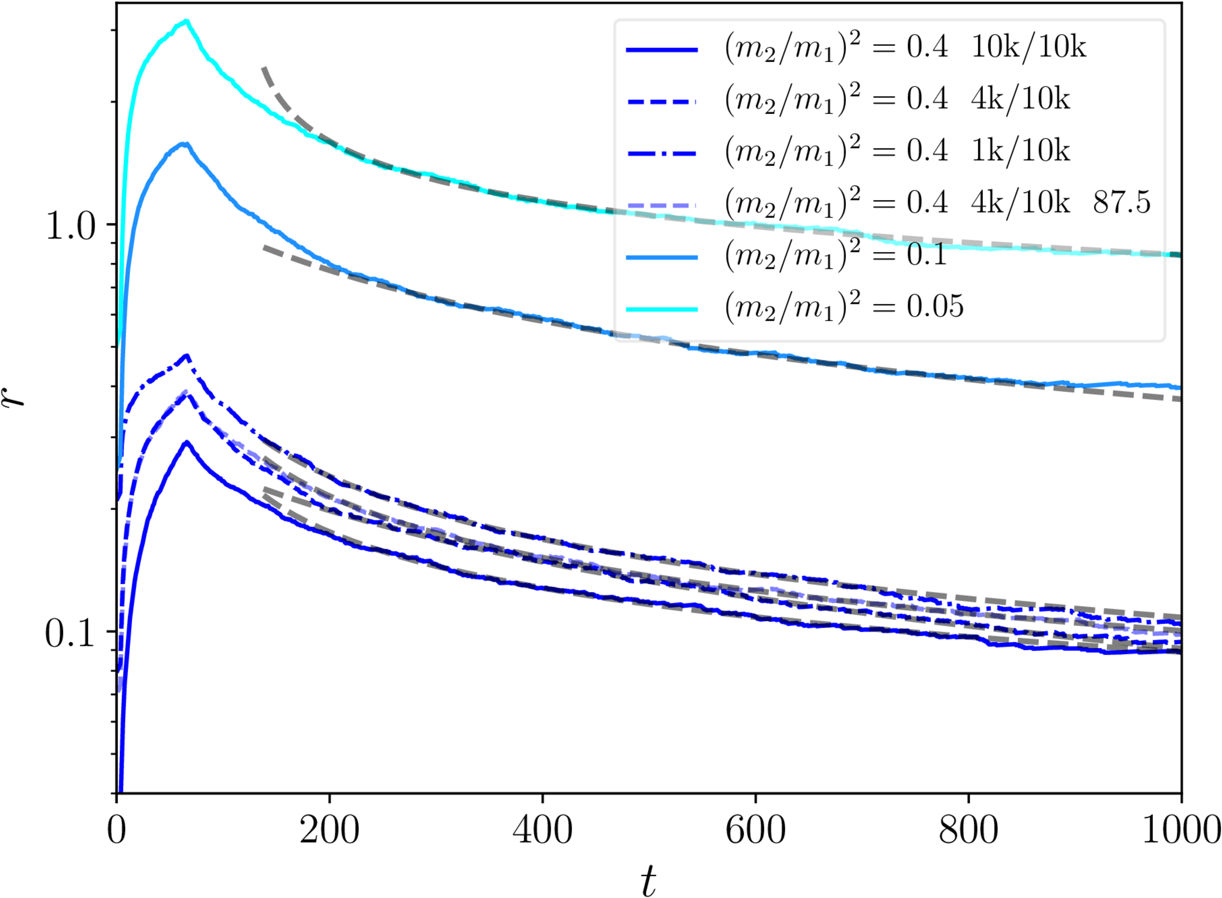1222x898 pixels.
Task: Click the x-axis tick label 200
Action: [x=329, y=831]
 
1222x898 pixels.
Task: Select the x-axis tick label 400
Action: [x=542, y=831]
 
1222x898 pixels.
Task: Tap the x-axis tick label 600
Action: [x=756, y=831]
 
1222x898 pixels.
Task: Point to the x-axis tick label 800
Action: [x=969, y=831]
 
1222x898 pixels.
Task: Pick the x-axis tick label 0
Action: [x=117, y=831]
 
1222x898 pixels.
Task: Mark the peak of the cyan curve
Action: [x=186, y=22]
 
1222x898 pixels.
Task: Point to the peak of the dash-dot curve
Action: [x=187, y=356]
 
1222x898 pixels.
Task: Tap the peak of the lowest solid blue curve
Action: [x=187, y=442]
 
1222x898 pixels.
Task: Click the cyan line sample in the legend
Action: [x=662, y=309]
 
